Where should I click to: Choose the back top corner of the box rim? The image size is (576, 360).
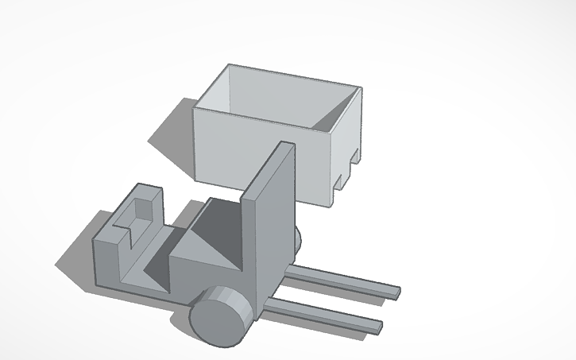click(230, 65)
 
